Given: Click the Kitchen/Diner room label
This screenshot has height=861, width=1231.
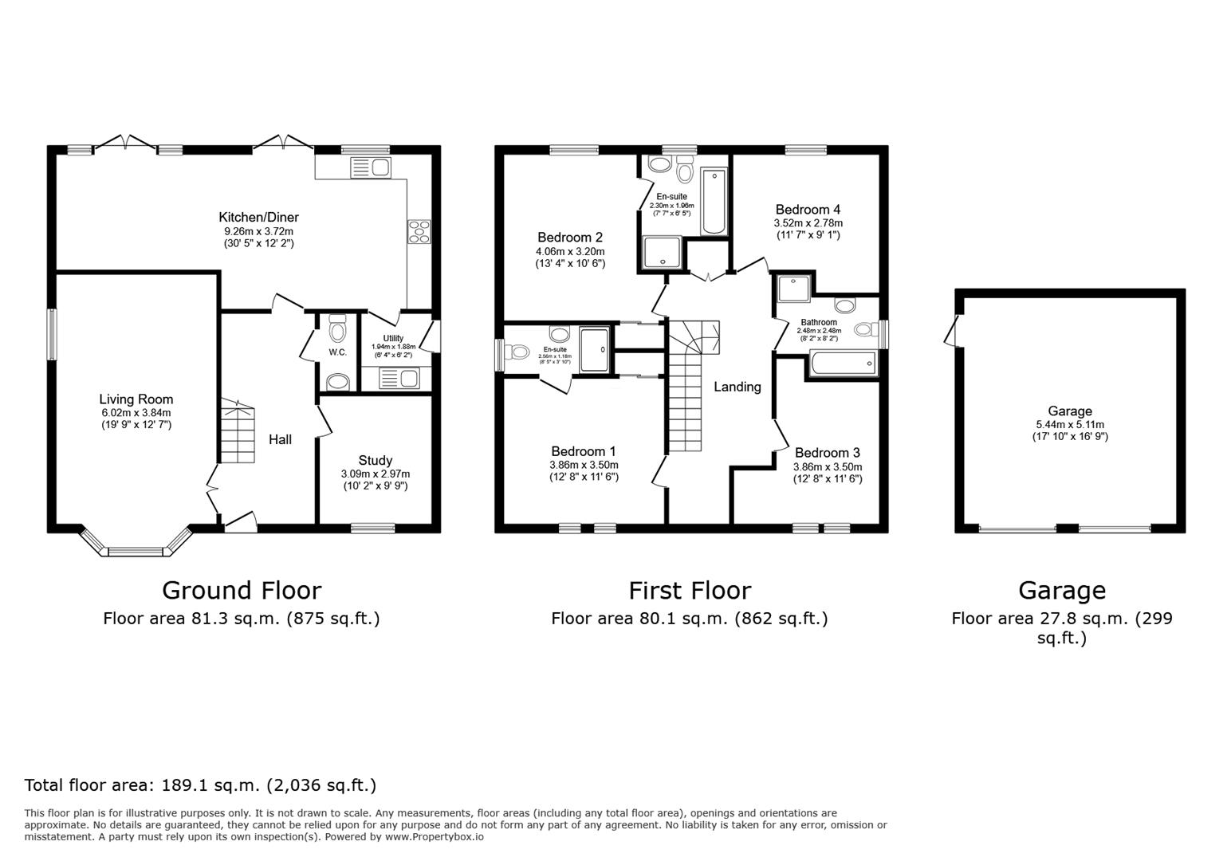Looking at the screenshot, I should (258, 217).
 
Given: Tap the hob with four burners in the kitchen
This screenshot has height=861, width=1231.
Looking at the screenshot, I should (419, 231).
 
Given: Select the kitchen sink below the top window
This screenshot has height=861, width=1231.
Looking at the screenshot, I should (369, 167).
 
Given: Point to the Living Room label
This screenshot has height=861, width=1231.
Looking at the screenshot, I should (136, 399).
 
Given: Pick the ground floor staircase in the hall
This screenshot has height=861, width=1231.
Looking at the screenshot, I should (237, 431).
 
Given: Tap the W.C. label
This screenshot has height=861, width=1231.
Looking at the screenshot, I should (337, 352).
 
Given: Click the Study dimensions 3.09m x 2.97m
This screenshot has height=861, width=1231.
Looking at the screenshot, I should (375, 474).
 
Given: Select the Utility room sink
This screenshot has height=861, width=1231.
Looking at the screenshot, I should (399, 378).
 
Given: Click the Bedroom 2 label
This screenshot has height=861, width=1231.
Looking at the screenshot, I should (569, 238).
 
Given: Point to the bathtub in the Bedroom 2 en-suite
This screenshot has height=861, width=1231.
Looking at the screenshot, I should (714, 201).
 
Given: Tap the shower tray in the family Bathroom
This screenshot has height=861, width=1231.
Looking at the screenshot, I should (793, 289).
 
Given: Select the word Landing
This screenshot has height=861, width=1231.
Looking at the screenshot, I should (737, 387).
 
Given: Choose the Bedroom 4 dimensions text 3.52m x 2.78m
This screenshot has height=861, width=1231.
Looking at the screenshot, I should (808, 223).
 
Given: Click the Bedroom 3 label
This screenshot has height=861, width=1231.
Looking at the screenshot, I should (827, 453).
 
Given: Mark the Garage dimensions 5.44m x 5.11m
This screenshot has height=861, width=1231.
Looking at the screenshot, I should (1069, 425).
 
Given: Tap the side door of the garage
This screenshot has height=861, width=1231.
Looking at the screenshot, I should (950, 331).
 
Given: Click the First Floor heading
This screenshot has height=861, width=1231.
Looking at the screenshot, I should (689, 591).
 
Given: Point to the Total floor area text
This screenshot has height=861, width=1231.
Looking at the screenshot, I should (200, 785).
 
